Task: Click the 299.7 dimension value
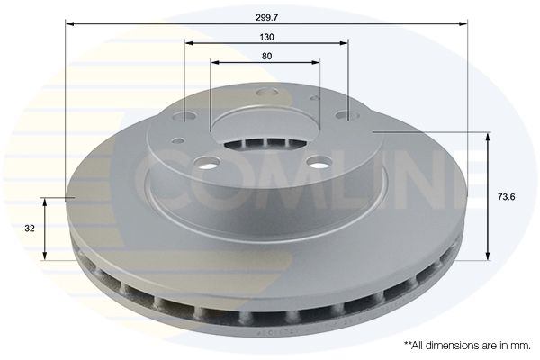pyautogui.click(x=266, y=18)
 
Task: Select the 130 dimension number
pyautogui.click(x=267, y=37)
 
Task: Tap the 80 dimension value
pyautogui.click(x=266, y=56)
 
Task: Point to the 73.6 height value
pyautogui.click(x=506, y=197)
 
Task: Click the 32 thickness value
pyautogui.click(x=30, y=228)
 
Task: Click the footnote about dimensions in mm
pyautogui.click(x=467, y=346)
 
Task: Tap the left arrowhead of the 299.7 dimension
pyautogui.click(x=70, y=23)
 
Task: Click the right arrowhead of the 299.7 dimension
pyautogui.click(x=463, y=23)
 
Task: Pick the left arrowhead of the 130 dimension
pyautogui.click(x=189, y=43)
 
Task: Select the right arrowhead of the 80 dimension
pyautogui.click(x=316, y=62)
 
